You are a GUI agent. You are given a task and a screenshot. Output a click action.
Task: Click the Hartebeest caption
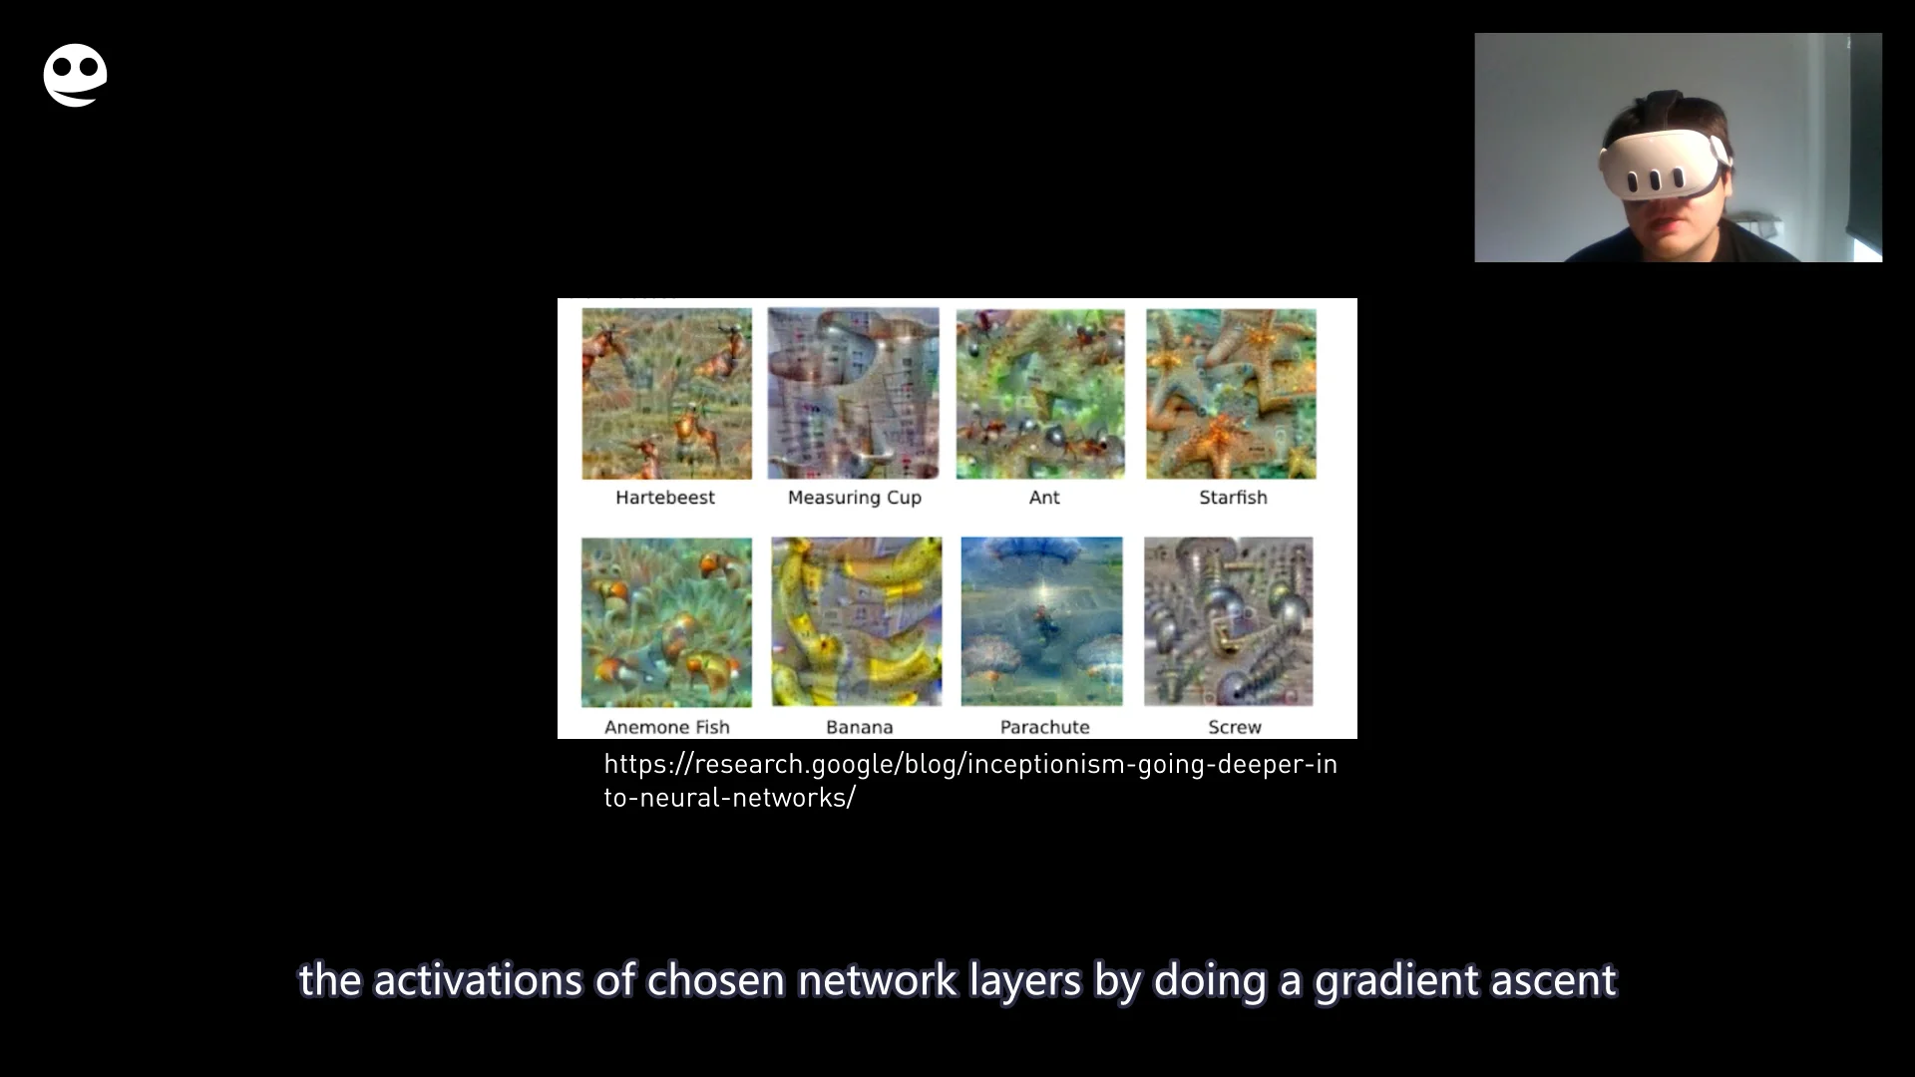coord(665,498)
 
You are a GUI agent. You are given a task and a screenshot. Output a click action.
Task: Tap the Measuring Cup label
coord(855,498)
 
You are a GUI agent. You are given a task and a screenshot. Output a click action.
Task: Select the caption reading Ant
coord(1044,498)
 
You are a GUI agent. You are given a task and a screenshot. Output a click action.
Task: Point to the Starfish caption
coord(1233,498)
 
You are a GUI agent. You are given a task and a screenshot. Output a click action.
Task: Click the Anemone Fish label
coord(667,727)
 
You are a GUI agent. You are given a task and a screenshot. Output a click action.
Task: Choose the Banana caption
coord(859,727)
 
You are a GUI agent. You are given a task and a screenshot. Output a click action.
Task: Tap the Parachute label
coord(1044,727)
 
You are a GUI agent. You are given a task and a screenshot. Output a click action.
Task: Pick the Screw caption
coord(1235,727)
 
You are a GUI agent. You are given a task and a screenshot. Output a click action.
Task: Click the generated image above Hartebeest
coord(666,394)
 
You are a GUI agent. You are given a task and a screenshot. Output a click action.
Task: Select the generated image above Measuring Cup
coord(854,394)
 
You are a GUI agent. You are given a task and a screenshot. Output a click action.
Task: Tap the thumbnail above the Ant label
coord(1040,394)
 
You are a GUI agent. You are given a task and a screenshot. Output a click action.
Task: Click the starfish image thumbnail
coord(1231,394)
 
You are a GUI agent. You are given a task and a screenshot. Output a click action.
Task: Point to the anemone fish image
coord(666,622)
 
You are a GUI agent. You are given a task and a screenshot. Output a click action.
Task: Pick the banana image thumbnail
coord(856,622)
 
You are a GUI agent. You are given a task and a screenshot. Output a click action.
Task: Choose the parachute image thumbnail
coord(1041,621)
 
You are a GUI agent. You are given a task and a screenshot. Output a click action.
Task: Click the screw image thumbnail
coord(1228,621)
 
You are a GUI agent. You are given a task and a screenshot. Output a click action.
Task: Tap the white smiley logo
coord(75,75)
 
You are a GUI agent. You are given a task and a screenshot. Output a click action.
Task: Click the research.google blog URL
coord(969,781)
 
